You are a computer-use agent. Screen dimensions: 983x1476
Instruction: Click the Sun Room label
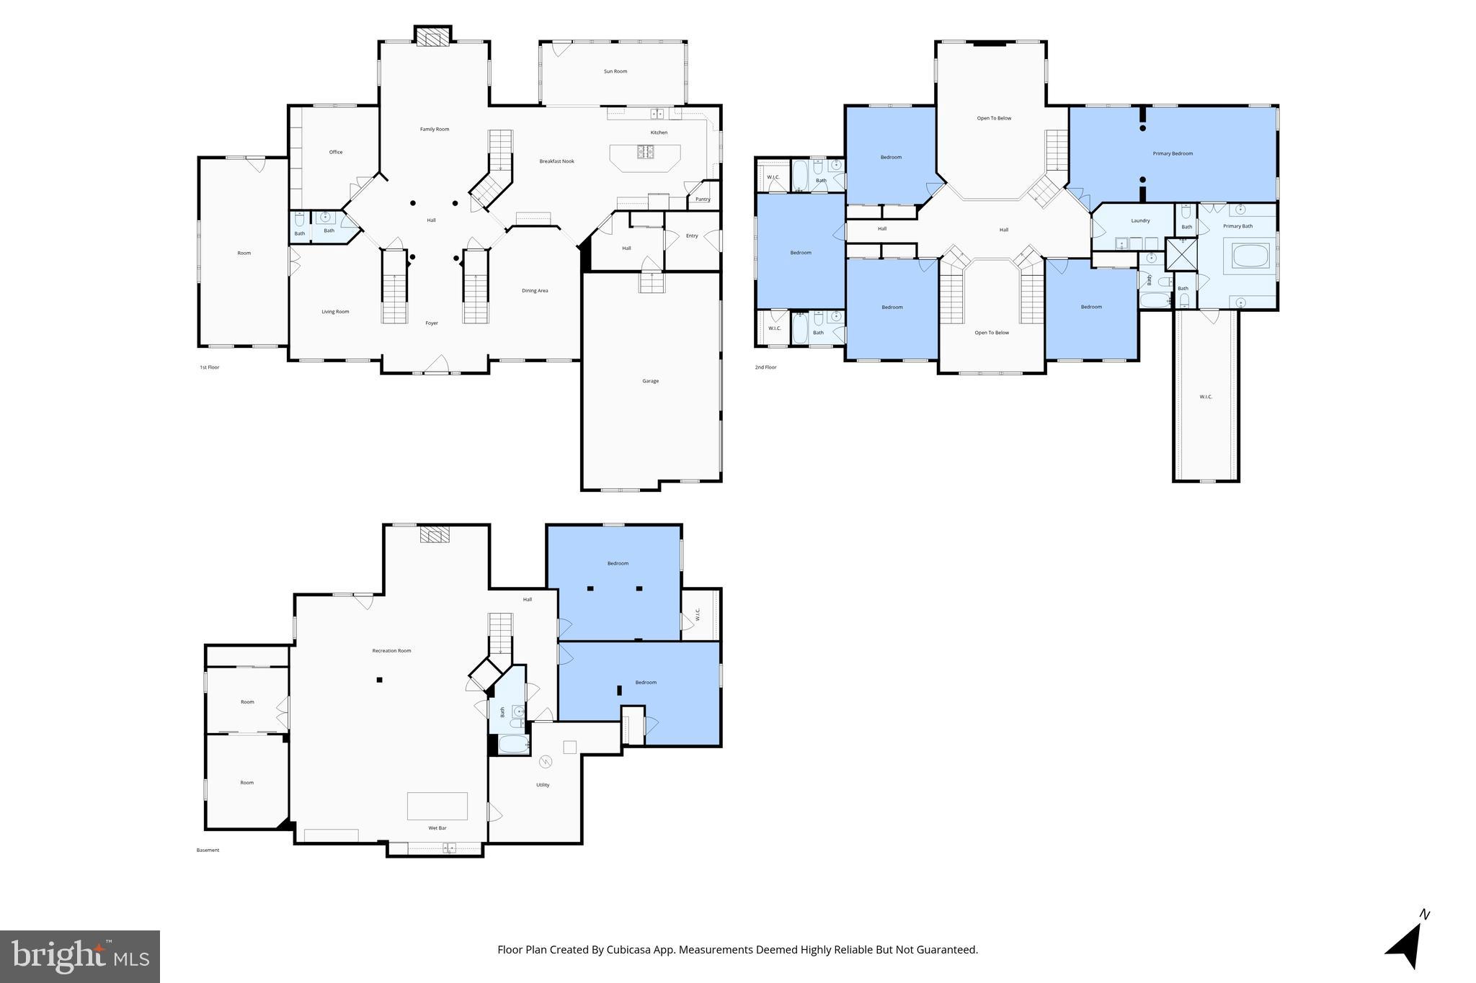click(x=615, y=71)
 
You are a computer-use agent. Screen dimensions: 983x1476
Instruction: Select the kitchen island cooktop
click(x=644, y=152)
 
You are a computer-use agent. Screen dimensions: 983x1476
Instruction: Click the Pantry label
click(x=703, y=199)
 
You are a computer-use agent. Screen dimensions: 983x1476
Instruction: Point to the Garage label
click(x=650, y=381)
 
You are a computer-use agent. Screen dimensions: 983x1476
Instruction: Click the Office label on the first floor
click(x=336, y=152)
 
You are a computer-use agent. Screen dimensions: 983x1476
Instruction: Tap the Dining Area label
click(x=535, y=291)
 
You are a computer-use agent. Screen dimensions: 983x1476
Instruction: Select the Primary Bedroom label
click(x=1173, y=153)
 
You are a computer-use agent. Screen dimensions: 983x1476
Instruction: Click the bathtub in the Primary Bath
click(x=1251, y=256)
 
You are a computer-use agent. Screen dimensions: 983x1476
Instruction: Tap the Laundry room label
click(x=1140, y=220)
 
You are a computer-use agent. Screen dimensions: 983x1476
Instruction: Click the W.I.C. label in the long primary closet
click(x=1206, y=397)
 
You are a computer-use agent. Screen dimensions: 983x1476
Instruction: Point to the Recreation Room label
click(x=391, y=651)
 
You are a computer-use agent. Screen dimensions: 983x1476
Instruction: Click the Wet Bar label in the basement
click(x=437, y=828)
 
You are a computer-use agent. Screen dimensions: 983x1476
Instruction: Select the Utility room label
click(x=543, y=785)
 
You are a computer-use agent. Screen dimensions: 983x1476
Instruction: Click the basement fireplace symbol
click(x=435, y=535)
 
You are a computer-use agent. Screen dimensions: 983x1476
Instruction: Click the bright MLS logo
click(x=80, y=956)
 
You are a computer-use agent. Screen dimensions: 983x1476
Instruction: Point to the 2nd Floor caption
click(x=765, y=367)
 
